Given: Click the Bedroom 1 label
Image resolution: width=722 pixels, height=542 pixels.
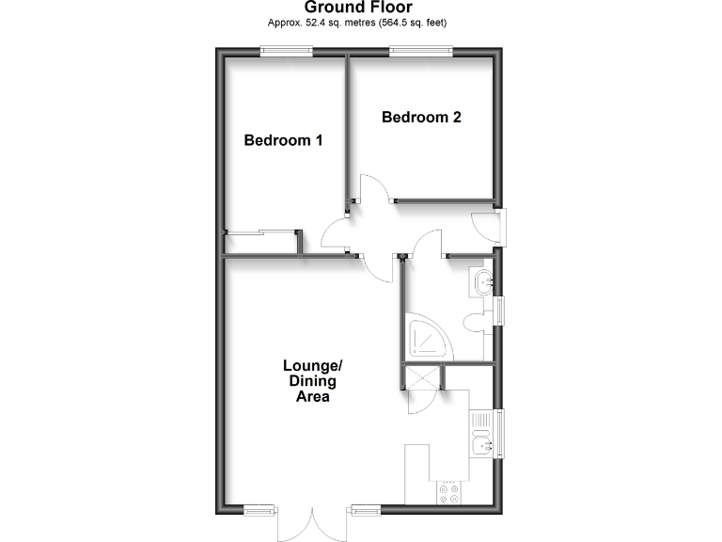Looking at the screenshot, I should [283, 140].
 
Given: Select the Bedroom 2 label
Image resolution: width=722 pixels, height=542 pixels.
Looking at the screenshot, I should [421, 118].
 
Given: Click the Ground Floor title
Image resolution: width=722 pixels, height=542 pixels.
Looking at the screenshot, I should [358, 8].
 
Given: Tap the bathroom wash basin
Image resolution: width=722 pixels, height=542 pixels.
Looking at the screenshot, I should [482, 280].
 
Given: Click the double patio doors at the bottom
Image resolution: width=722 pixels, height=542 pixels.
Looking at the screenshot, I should [313, 523].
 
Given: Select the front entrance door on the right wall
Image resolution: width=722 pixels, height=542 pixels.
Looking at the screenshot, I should [487, 228].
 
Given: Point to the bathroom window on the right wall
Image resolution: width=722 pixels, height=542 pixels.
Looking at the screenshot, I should [500, 310].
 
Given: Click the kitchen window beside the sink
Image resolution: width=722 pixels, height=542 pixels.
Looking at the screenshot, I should [500, 432].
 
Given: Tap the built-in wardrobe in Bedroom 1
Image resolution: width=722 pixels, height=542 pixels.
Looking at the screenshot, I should [262, 243].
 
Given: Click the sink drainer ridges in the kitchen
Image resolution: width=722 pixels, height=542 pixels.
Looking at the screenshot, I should [481, 420].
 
